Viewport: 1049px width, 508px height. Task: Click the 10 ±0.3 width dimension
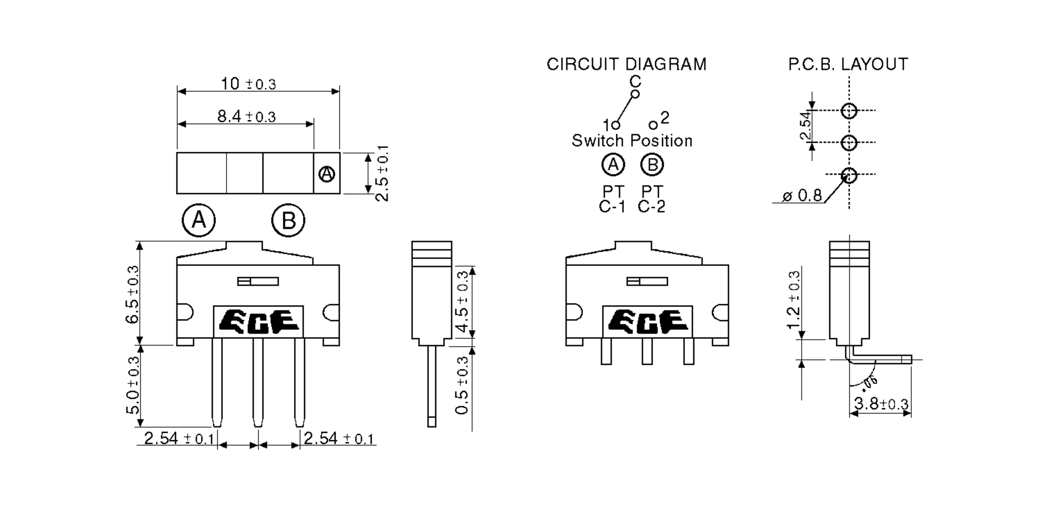(248, 84)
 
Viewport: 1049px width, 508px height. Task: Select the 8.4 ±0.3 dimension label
(247, 117)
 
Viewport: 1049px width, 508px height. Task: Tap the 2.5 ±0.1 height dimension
(382, 173)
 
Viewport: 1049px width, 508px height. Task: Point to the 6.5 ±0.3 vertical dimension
(132, 294)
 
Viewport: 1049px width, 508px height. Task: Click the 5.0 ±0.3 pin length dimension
(132, 385)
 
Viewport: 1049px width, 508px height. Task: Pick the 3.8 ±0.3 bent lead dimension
(881, 404)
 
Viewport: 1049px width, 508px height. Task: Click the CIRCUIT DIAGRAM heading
(626, 64)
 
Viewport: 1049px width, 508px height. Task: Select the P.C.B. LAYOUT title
(848, 64)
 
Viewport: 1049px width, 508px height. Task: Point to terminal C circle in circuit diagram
(636, 94)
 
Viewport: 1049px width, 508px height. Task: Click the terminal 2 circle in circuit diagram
(653, 125)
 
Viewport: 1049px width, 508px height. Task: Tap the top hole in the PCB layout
(849, 111)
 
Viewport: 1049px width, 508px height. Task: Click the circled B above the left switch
(288, 221)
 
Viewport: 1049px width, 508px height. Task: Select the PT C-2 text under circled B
(652, 199)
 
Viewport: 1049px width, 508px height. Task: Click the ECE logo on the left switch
(258, 321)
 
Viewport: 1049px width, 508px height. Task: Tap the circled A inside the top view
(327, 174)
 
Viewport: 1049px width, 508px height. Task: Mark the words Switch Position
(632, 141)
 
